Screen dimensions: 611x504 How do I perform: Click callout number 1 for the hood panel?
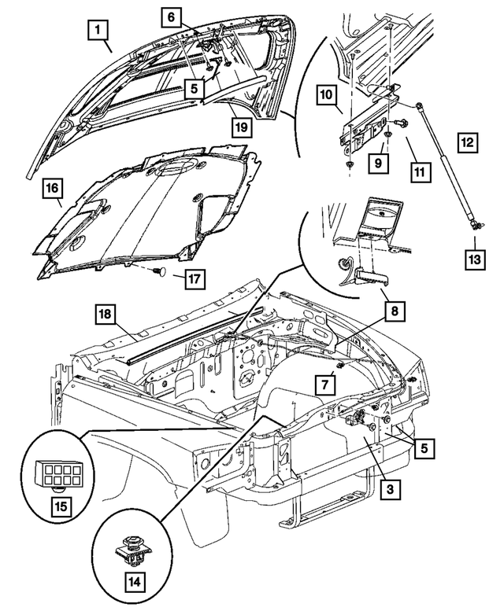pyautogui.click(x=98, y=31)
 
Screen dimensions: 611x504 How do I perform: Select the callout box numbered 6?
pyautogui.click(x=172, y=16)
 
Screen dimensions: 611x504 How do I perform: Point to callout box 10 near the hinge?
pyautogui.click(x=327, y=95)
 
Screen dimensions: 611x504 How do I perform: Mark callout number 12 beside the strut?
pyautogui.click(x=468, y=143)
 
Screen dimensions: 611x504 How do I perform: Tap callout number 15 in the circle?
pyautogui.click(x=60, y=504)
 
